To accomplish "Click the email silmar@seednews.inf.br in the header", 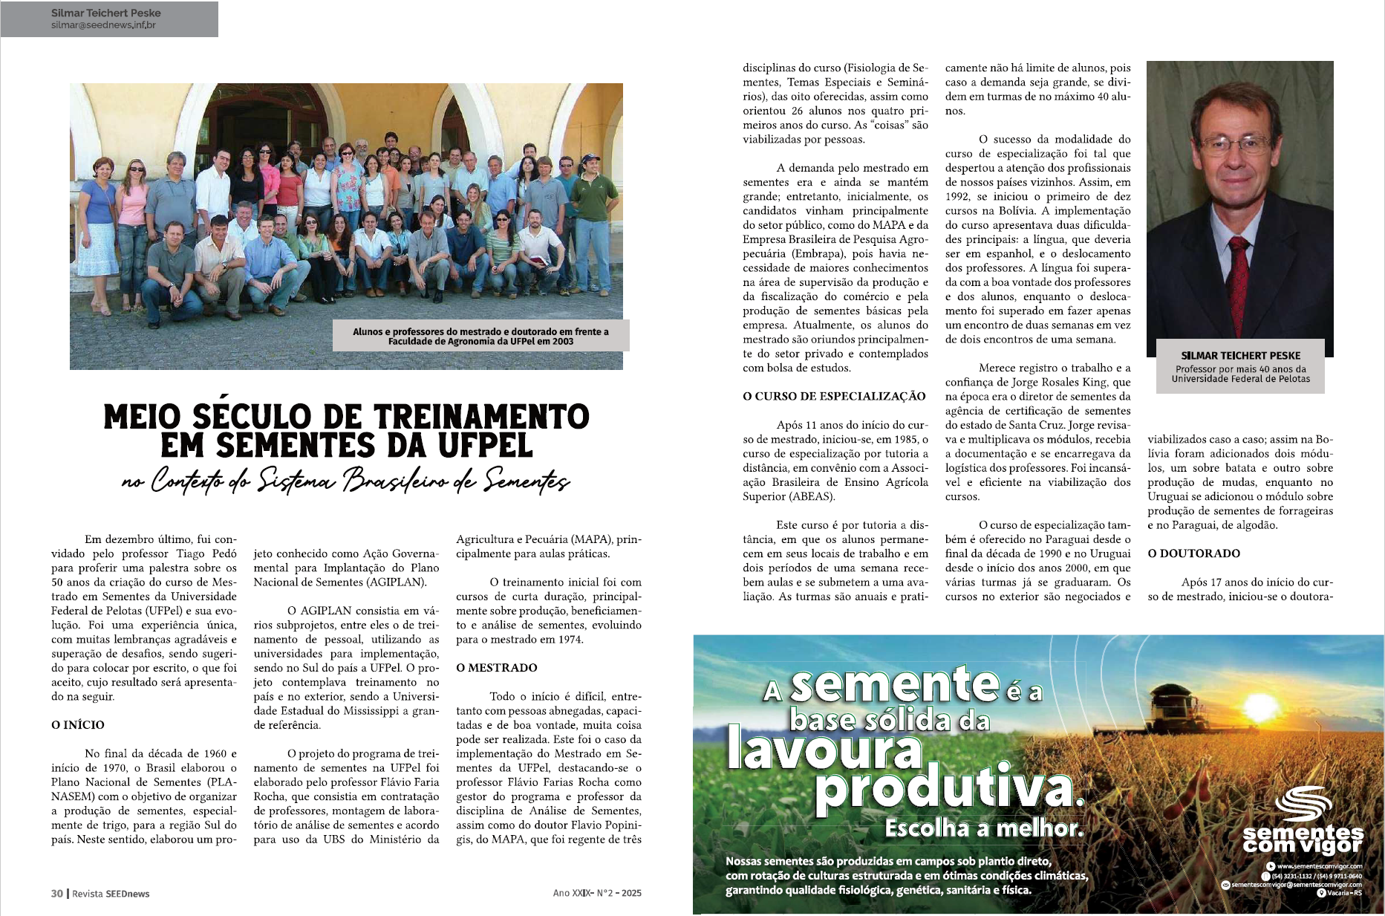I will click(x=103, y=25).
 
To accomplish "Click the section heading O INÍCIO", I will click(x=78, y=724).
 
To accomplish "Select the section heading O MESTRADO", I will click(x=496, y=667).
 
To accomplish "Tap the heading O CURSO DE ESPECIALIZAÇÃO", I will click(x=834, y=396).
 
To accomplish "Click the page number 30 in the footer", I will click(x=57, y=893).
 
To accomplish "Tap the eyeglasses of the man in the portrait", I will click(x=1234, y=144).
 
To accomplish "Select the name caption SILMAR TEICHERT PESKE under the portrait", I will click(x=1240, y=356).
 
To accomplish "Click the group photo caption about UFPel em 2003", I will click(x=480, y=337).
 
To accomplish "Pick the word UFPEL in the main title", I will click(x=485, y=445).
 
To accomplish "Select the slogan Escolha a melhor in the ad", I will click(x=983, y=828).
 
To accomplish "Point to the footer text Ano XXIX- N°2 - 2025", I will click(x=597, y=893).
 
